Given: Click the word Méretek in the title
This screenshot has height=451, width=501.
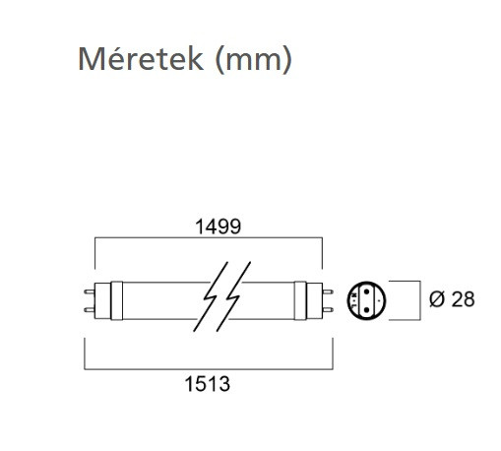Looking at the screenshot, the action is click(141, 59).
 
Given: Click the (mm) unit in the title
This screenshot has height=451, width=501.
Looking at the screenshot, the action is click(253, 59).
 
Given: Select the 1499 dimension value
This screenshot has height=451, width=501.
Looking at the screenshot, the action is click(218, 226).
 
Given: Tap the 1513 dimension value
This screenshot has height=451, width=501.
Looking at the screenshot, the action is click(208, 384).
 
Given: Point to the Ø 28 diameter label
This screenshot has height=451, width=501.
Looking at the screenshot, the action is click(452, 299).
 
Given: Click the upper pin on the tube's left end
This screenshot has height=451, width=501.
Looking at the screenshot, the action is click(89, 291).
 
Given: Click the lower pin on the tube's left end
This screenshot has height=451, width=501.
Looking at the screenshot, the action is click(89, 309).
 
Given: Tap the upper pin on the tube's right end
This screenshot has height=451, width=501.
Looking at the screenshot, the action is click(328, 291).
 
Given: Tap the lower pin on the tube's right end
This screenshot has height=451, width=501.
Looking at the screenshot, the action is click(328, 309).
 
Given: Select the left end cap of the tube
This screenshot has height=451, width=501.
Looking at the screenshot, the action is click(102, 300).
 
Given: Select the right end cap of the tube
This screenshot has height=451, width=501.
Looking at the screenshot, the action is click(314, 300).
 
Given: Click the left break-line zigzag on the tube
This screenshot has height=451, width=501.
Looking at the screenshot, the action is click(210, 296).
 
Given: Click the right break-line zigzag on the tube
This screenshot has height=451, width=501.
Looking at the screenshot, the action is click(233, 296).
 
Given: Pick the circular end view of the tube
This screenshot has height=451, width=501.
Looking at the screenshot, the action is click(366, 300).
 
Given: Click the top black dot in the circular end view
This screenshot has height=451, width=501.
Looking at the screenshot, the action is click(367, 291).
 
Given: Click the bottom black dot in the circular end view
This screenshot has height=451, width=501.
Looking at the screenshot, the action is click(367, 310).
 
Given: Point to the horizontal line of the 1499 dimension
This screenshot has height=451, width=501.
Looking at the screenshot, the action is click(209, 237).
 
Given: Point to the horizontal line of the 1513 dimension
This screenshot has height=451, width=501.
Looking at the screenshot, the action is click(209, 369).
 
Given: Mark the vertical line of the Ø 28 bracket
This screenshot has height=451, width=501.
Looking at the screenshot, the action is click(420, 300).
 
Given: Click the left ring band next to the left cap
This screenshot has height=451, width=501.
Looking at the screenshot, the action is click(117, 300).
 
